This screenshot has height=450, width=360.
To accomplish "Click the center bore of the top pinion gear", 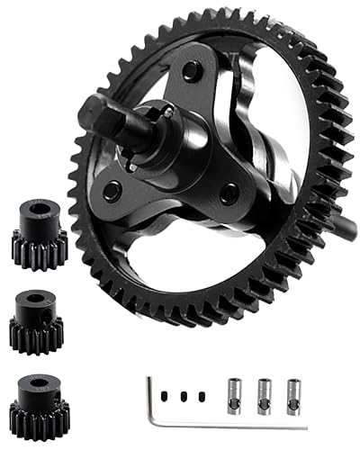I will click(37, 213).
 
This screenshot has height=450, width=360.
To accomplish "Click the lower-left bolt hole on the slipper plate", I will click(112, 190).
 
